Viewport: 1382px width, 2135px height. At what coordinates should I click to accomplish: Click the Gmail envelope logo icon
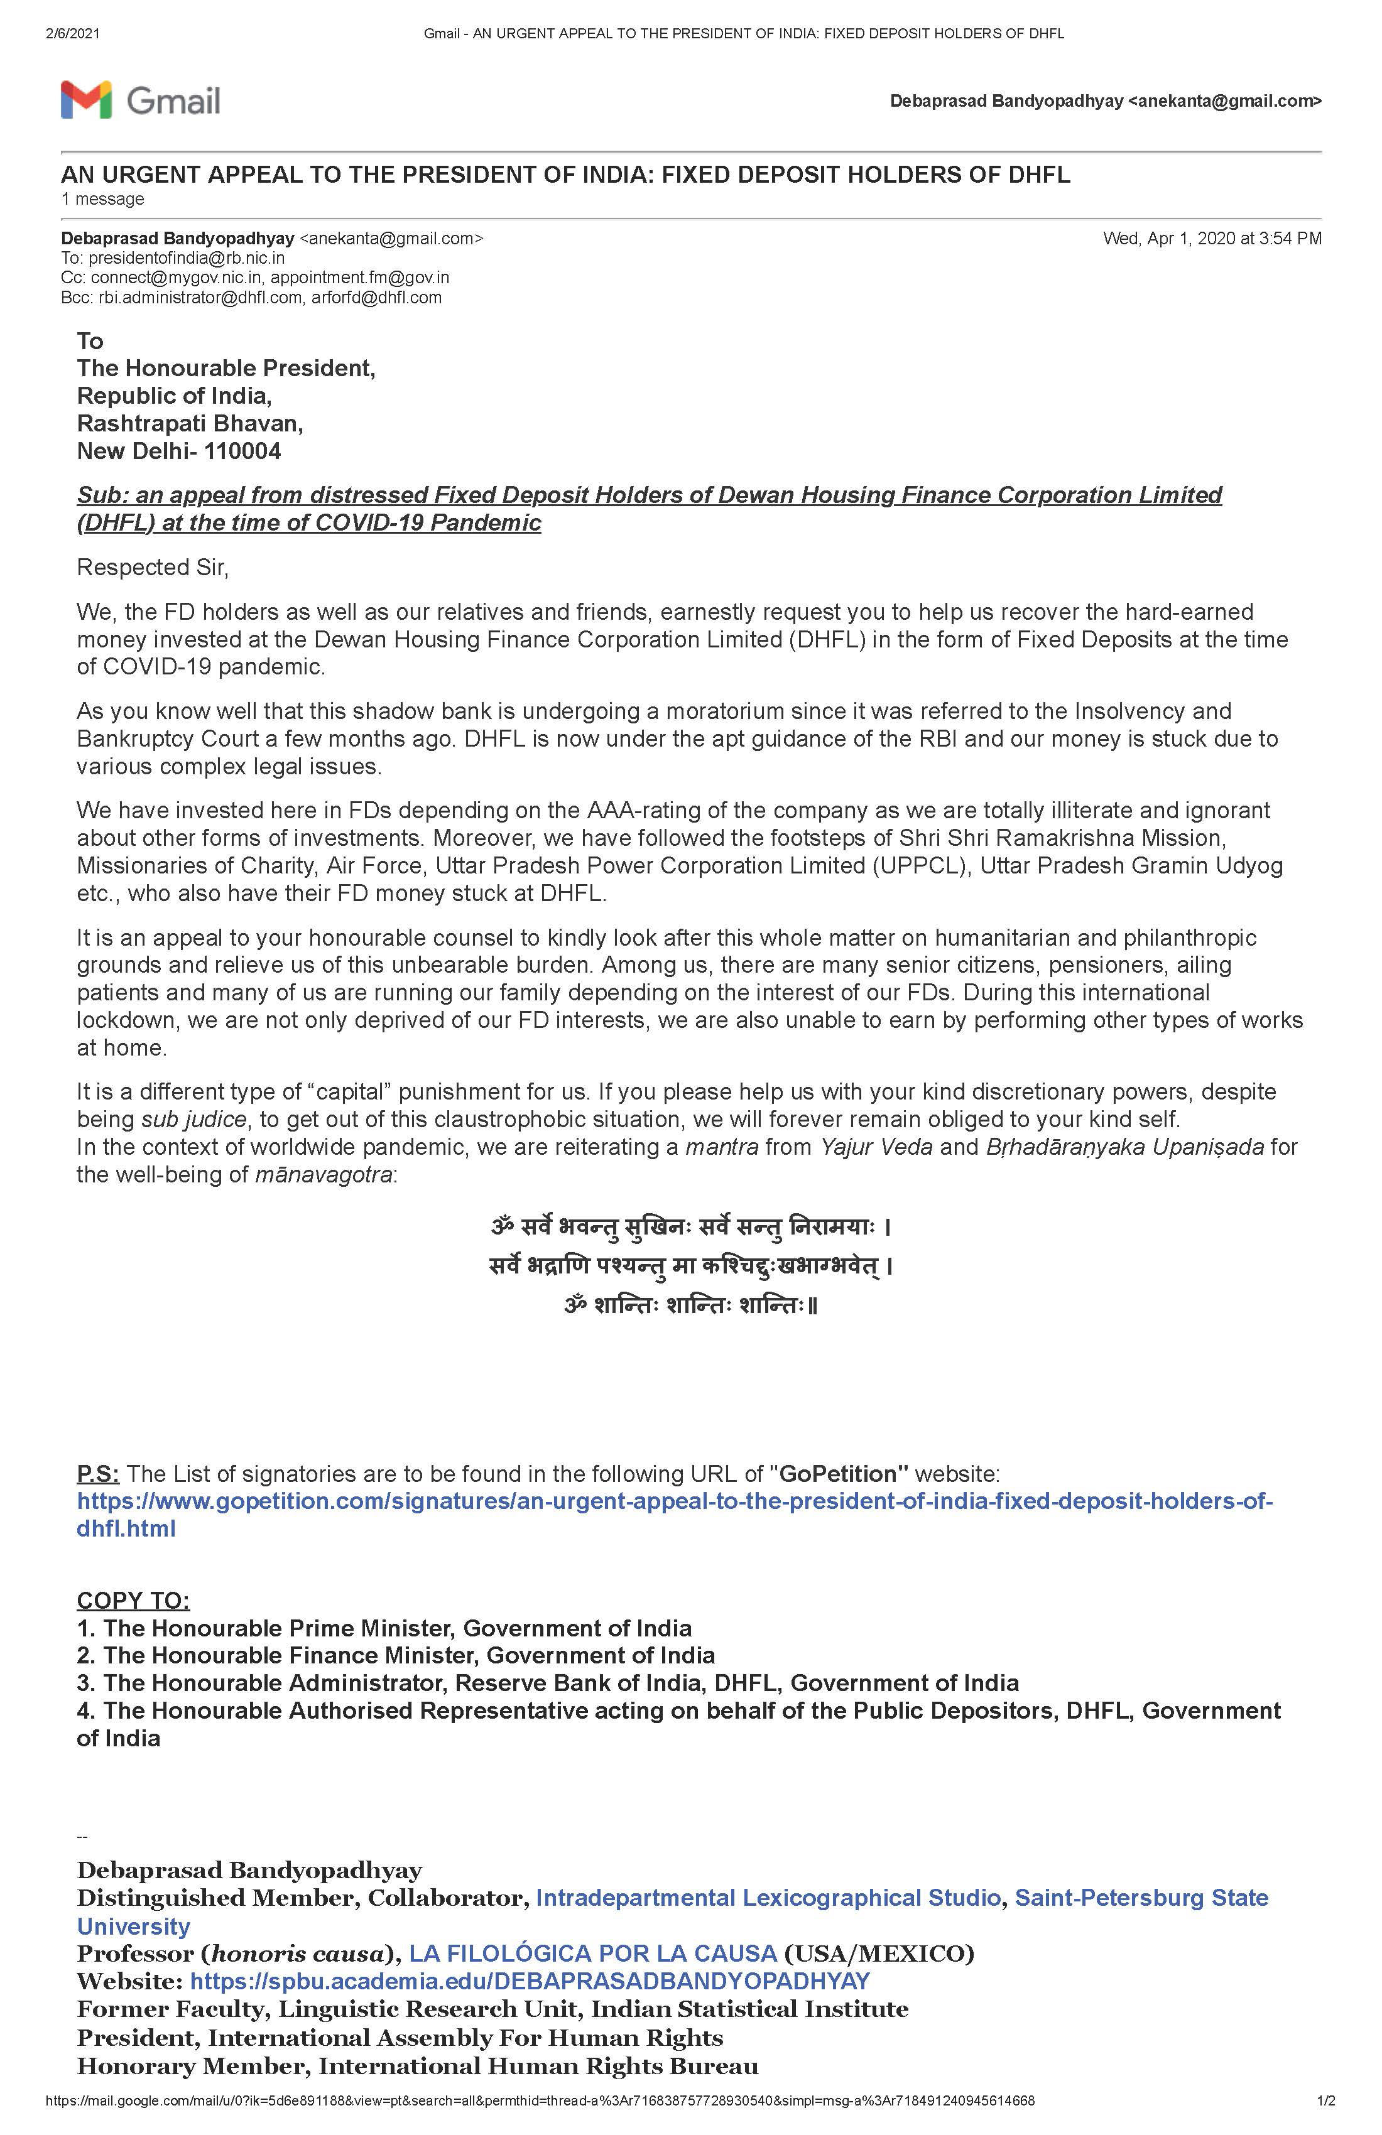pos(86,100)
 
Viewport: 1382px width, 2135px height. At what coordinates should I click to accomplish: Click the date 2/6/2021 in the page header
pos(72,34)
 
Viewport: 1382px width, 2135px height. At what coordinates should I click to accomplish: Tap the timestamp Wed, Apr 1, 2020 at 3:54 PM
pos(1212,239)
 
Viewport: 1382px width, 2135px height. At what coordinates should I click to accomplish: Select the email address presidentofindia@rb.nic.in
pos(186,258)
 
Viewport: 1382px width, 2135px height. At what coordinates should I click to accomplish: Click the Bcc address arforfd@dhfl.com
pos(376,298)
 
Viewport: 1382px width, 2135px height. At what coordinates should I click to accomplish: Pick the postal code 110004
pos(242,451)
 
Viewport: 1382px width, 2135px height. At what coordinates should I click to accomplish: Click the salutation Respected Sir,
pos(153,568)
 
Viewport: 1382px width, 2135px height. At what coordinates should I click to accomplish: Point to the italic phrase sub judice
pos(193,1120)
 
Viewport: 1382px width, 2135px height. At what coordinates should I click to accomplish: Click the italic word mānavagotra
pos(323,1175)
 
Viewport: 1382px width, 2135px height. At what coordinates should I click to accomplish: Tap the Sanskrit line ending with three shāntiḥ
pos(691,1306)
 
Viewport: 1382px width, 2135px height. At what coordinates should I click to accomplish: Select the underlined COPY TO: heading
pos(133,1601)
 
